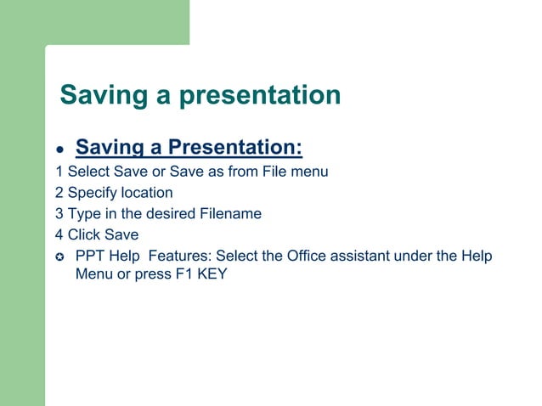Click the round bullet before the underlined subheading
(x=61, y=151)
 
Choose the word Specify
(x=93, y=194)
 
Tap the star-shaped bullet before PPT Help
(x=60, y=257)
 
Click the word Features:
(x=182, y=257)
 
